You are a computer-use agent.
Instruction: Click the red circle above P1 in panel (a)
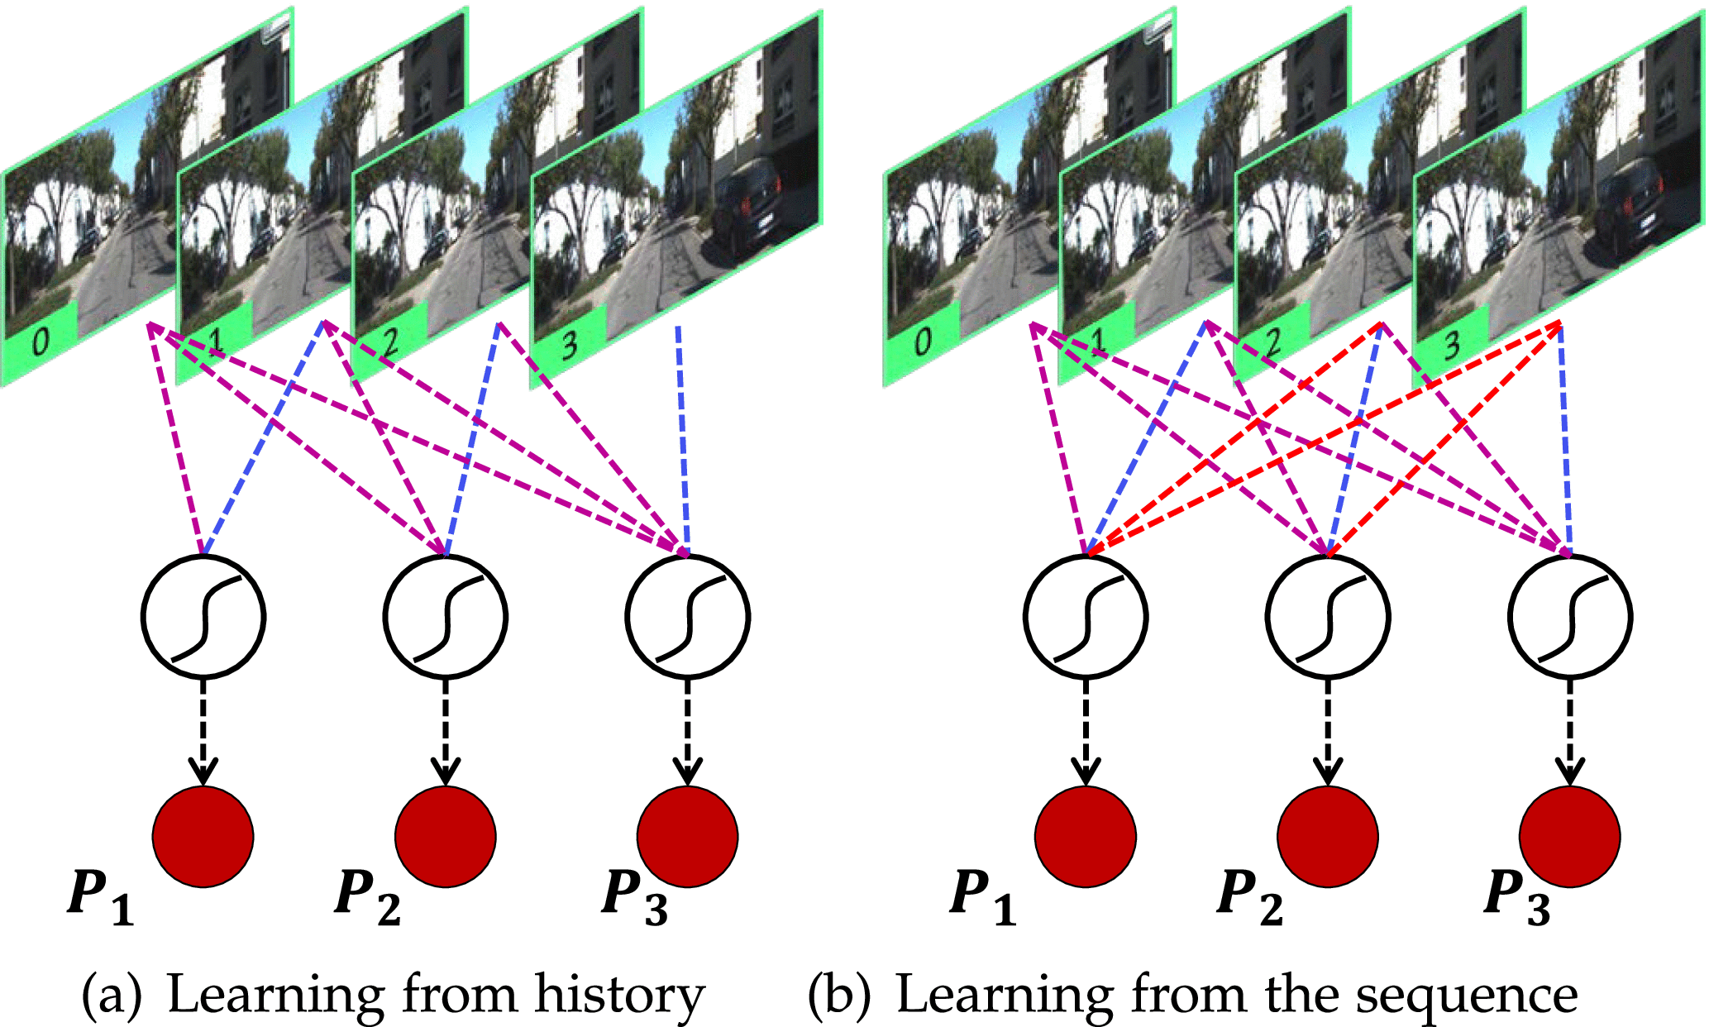point(203,836)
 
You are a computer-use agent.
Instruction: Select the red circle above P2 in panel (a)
point(446,836)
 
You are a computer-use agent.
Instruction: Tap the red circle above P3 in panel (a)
point(687,836)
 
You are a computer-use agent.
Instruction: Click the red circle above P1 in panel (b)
point(1086,836)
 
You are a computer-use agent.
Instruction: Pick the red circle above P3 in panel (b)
point(1569,836)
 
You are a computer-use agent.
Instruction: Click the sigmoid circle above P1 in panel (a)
point(203,616)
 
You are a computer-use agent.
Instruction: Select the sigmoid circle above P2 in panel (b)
point(1328,616)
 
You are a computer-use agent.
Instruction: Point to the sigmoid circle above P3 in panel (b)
point(1569,616)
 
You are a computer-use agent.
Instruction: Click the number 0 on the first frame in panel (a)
point(40,341)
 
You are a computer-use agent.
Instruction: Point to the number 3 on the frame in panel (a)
point(569,344)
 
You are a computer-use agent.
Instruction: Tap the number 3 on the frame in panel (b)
point(1451,344)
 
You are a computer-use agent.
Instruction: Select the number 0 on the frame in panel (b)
point(922,341)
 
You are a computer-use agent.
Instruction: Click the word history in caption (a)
point(619,994)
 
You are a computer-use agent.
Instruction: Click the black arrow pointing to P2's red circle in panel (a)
point(446,732)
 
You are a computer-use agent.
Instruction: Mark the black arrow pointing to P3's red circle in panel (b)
point(1569,732)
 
